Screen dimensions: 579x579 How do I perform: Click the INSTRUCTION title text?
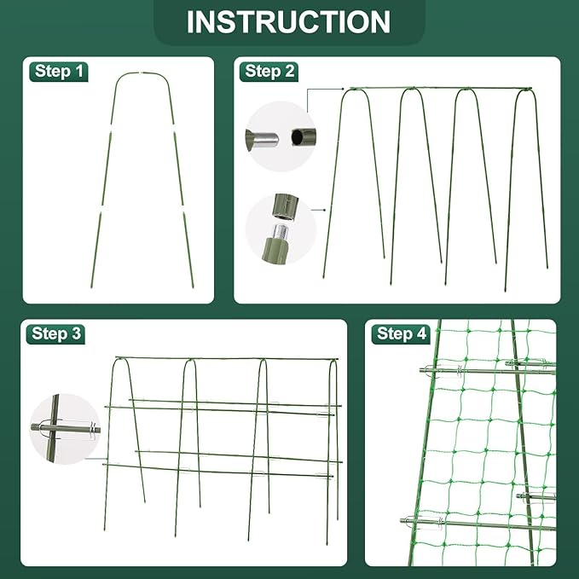pos(288,22)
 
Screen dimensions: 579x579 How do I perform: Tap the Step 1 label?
pos(60,71)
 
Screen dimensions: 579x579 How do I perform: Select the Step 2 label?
pos(269,71)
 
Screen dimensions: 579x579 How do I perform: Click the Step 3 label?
pos(57,333)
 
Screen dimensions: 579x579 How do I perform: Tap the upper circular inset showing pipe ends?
pos(280,136)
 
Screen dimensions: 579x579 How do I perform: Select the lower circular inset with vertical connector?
pos(281,228)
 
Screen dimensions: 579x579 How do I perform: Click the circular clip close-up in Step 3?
pos(64,429)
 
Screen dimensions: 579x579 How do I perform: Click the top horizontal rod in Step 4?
pos(486,369)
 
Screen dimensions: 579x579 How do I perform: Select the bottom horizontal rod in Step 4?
pos(478,523)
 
